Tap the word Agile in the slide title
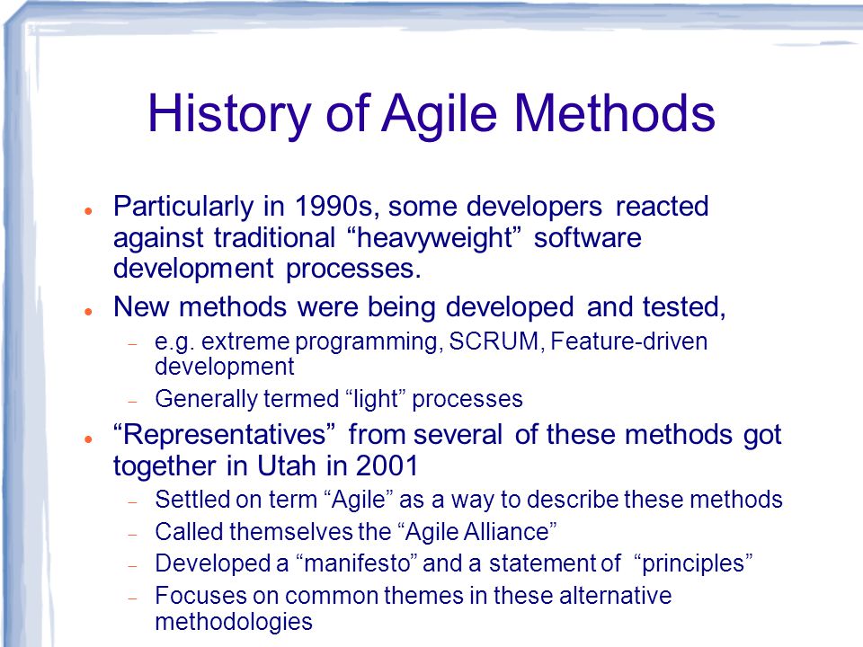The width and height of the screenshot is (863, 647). tap(440, 114)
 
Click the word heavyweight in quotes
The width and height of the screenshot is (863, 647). tap(435, 238)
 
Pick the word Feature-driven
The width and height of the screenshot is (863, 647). tap(629, 341)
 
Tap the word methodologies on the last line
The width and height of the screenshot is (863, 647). tap(234, 622)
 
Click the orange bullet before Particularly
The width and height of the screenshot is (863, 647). tap(88, 210)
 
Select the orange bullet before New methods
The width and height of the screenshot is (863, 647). tap(88, 312)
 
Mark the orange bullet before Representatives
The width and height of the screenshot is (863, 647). tap(88, 439)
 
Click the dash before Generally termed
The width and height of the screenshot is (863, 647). tap(132, 402)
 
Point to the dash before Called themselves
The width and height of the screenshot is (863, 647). tap(132, 534)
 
